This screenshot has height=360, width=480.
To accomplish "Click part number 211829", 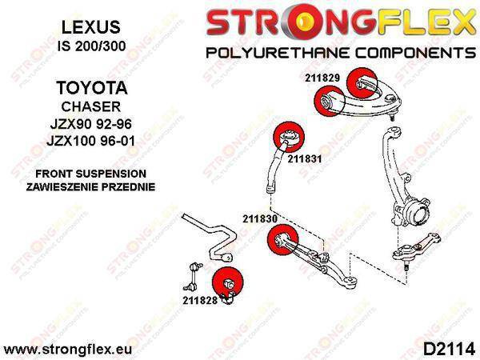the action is point(322,78).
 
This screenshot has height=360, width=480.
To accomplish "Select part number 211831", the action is point(305,159).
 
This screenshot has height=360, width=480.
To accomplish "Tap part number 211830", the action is point(260,218).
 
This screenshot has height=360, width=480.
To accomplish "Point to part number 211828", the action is point(200,300).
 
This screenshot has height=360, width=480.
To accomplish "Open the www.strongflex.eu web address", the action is point(68,350).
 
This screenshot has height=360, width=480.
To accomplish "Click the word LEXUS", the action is point(91,27).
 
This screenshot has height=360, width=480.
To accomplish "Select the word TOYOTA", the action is point(91,88).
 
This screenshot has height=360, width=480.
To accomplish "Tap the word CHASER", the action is point(91,106).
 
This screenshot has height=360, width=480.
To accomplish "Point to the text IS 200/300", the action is point(91,46).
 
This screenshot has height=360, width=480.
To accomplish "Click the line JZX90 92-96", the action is point(91,124).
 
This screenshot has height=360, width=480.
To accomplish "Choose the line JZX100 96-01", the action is point(90,141).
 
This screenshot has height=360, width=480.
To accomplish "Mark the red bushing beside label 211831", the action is point(289,137).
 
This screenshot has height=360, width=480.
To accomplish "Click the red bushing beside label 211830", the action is point(282,239).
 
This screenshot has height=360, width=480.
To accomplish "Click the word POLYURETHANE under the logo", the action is point(278,53).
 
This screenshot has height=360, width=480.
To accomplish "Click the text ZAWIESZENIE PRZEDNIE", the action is point(90,186).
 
